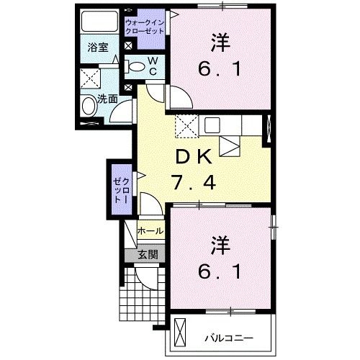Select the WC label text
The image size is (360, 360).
(154, 67)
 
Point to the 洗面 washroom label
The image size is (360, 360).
(108, 100)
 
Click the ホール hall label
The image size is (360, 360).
(150, 232)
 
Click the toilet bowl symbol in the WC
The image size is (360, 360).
(134, 67)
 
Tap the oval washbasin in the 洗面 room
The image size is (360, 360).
(89, 108)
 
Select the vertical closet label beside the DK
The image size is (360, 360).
(118, 188)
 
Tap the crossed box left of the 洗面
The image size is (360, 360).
(90, 78)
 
